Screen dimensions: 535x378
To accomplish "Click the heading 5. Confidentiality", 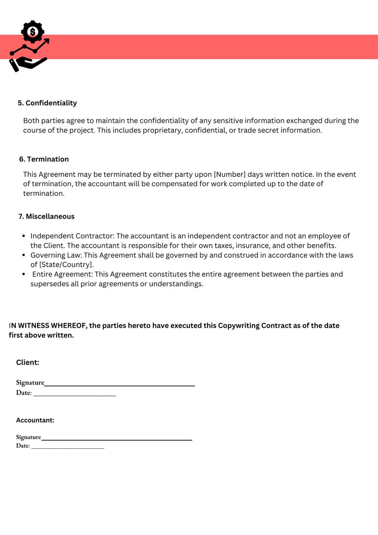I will pyautogui.click(x=47, y=103).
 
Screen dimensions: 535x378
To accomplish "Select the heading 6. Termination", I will pyautogui.click(x=44, y=159).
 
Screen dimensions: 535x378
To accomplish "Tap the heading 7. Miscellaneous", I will pyautogui.click(x=46, y=216).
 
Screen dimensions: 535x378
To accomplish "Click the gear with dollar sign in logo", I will pyautogui.click(x=32, y=32).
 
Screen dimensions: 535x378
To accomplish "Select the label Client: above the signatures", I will pyautogui.click(x=28, y=363).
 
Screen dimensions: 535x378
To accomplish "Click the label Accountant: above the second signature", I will pyautogui.click(x=35, y=420).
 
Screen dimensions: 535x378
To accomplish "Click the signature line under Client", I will pyautogui.click(x=119, y=385).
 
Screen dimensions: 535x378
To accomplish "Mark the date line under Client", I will pyautogui.click(x=75, y=395).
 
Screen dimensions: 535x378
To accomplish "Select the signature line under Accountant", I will pyautogui.click(x=117, y=439).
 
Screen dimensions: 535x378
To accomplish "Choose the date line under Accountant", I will pyautogui.click(x=68, y=448).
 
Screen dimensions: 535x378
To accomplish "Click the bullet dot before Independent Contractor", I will pyautogui.click(x=24, y=236).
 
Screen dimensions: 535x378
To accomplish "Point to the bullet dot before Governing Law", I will pyautogui.click(x=24, y=255).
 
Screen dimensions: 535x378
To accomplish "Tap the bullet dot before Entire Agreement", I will pyautogui.click(x=24, y=274).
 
